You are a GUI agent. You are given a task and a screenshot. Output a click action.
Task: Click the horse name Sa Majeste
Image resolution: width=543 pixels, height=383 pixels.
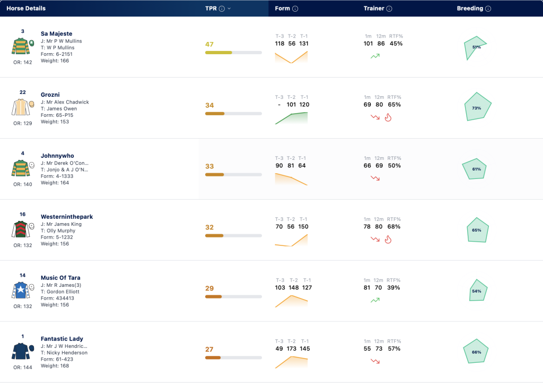pyautogui.click(x=56, y=33)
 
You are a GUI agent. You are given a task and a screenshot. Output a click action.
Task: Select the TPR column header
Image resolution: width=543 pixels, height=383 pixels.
pyautogui.click(x=211, y=8)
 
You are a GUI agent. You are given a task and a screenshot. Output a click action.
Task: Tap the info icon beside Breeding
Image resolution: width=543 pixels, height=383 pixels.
pyautogui.click(x=488, y=8)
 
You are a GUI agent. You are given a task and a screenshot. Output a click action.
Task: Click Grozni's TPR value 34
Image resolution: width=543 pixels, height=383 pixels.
pyautogui.click(x=209, y=105)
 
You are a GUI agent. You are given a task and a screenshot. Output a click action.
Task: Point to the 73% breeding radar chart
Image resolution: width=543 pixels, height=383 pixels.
pyautogui.click(x=477, y=107)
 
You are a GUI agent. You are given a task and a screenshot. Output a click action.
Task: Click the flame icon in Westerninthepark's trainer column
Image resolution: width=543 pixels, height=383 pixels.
pyautogui.click(x=388, y=240)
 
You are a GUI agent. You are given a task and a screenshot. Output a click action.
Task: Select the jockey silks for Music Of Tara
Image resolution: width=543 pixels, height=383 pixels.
pyautogui.click(x=21, y=291)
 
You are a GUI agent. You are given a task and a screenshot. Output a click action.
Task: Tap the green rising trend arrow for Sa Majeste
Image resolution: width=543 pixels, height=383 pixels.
pyautogui.click(x=375, y=56)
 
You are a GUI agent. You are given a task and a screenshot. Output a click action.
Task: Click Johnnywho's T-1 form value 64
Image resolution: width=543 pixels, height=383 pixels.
pyautogui.click(x=302, y=166)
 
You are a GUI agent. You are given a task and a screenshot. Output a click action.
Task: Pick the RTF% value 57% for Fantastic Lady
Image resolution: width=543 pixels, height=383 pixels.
pyautogui.click(x=394, y=348)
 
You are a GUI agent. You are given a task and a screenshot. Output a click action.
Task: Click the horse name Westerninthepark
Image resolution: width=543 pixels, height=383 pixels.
pyautogui.click(x=67, y=217)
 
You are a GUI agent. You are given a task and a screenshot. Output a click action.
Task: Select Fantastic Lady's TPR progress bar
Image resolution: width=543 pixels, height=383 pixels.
pyautogui.click(x=233, y=358)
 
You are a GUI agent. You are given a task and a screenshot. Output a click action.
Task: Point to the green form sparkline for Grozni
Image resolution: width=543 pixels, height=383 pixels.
pyautogui.click(x=291, y=118)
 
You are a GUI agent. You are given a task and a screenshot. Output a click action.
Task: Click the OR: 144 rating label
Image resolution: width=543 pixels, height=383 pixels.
pyautogui.click(x=22, y=368)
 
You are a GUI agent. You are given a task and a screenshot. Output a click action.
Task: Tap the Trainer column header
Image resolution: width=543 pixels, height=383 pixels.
pyautogui.click(x=374, y=8)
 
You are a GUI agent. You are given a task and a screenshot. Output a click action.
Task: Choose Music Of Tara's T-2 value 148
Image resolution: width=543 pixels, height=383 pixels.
pyautogui.click(x=294, y=287)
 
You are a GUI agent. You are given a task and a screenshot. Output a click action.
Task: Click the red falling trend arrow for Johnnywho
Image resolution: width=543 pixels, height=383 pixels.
pyautogui.click(x=375, y=178)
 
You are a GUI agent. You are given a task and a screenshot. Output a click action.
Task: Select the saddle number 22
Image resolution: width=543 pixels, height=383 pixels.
pyautogui.click(x=22, y=92)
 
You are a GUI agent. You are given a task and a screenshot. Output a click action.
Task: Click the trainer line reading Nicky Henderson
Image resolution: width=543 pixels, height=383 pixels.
pyautogui.click(x=64, y=353)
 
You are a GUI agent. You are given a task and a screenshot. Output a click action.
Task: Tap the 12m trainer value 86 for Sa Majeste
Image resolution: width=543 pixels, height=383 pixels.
pyautogui.click(x=381, y=44)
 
